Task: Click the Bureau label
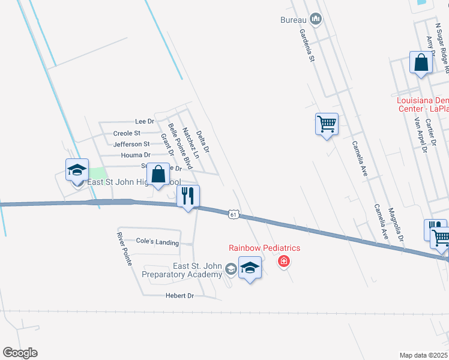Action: [x=294, y=20]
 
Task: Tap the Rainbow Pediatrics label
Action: [x=264, y=248]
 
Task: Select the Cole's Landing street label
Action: [x=157, y=242]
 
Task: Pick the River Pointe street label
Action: [x=124, y=249]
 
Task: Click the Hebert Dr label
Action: [x=180, y=296]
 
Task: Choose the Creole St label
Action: [x=127, y=133]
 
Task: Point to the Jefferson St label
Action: [x=131, y=144]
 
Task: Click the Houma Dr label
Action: [x=135, y=155]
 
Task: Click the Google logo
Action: [x=20, y=353]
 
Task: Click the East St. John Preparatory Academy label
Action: [x=182, y=270]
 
